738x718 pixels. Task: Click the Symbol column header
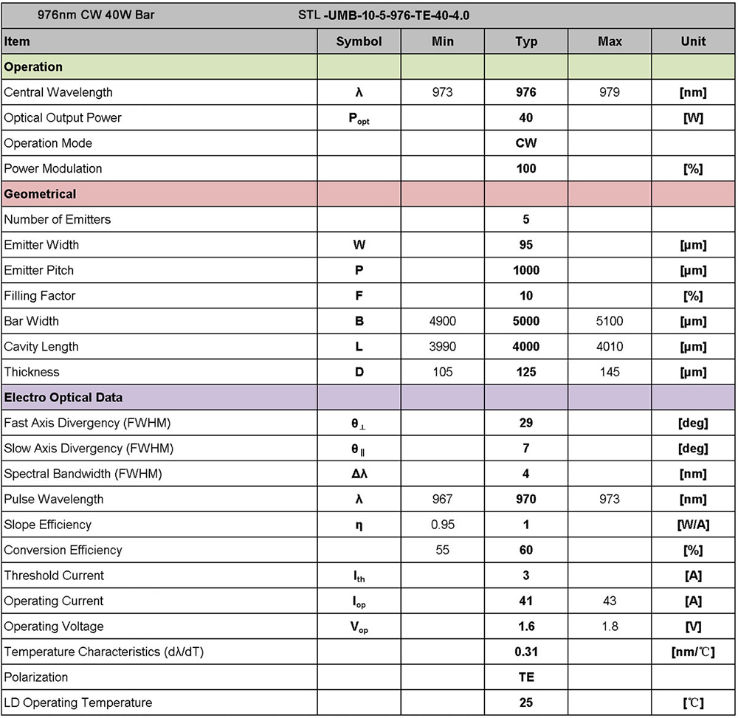pos(359,41)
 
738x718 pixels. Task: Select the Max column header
pos(610,41)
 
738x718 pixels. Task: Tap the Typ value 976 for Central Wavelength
pos(526,92)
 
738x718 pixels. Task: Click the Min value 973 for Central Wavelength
pos(443,92)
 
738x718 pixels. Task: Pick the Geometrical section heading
pos(40,194)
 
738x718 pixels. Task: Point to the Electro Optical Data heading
pos(63,397)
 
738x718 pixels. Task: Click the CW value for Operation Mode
pos(526,143)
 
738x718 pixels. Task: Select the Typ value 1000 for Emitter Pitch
pos(526,270)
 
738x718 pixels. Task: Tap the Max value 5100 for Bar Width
pos(610,321)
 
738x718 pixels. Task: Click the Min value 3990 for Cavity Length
pos(443,346)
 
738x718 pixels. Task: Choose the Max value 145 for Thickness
pos(610,372)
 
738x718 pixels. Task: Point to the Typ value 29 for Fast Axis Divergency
pos(526,423)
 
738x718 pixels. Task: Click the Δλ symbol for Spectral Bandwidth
pos(359,474)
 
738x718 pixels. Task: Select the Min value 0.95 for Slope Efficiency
pos(443,525)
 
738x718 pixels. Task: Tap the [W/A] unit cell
pos(693,525)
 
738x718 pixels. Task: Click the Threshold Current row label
pos(54,576)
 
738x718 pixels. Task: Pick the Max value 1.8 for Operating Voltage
pos(610,626)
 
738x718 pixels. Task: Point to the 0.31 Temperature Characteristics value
pos(526,652)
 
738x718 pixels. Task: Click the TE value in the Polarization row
pos(526,677)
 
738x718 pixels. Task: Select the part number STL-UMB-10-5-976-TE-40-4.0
pos(383,15)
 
